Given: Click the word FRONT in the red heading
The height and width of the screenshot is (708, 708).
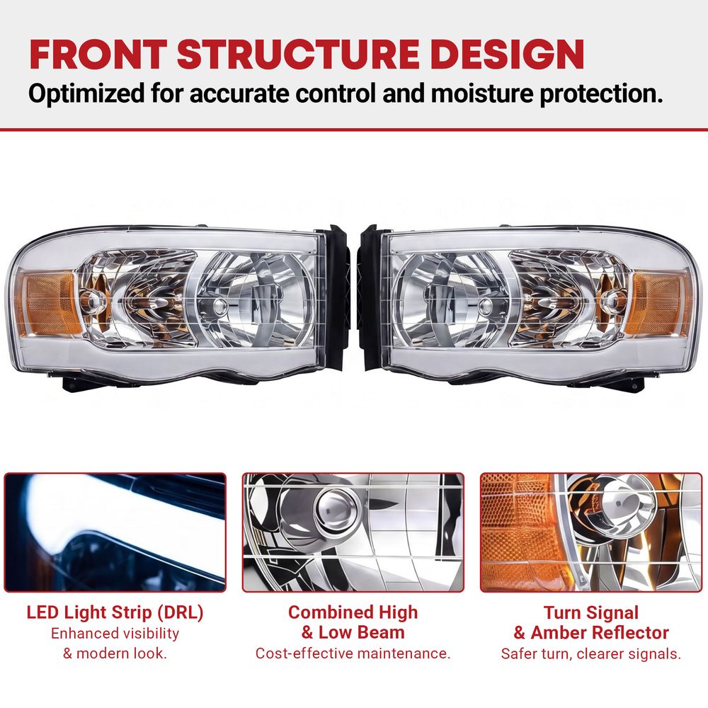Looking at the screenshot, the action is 98,55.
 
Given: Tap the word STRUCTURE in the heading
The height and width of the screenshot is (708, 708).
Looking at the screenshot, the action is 299,55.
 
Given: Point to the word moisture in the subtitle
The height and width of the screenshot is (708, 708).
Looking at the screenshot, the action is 482,93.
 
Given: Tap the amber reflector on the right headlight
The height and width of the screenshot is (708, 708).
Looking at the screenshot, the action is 660,303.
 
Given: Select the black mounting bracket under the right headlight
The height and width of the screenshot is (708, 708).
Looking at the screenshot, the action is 625,382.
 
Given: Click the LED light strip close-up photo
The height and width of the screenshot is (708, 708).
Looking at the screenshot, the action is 115,532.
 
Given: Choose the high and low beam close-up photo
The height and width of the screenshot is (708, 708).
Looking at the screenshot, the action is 353,532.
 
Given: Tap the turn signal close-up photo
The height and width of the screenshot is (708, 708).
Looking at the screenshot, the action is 591,532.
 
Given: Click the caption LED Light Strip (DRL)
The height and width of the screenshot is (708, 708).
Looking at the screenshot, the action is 115,612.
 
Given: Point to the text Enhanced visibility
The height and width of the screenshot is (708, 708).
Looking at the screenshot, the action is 115,634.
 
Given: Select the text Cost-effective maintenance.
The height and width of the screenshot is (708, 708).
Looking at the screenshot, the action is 353,653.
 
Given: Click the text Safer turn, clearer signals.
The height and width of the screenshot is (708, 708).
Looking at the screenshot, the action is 591,653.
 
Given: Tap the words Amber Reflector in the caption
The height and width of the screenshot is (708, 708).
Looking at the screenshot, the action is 600,632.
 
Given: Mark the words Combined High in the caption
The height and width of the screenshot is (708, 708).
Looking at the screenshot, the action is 353,612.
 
